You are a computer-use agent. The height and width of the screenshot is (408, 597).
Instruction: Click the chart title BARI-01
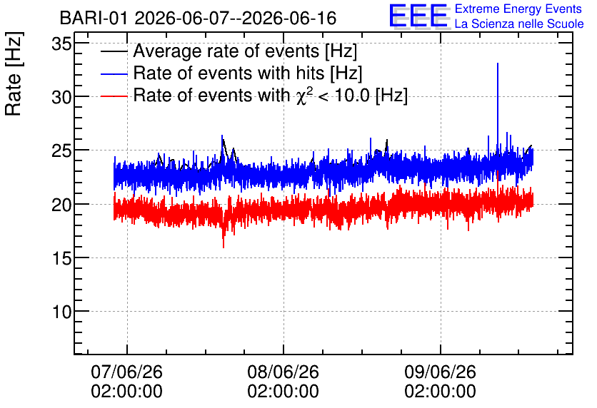pyautogui.click(x=94, y=18)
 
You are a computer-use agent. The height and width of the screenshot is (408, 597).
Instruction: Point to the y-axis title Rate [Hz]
pyautogui.click(x=14, y=73)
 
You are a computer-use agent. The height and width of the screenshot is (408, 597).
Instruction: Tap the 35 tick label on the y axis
pyautogui.click(x=61, y=44)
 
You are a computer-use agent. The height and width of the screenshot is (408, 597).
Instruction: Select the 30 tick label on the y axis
pyautogui.click(x=61, y=97)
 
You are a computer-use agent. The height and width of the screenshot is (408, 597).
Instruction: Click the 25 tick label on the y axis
pyautogui.click(x=61, y=151)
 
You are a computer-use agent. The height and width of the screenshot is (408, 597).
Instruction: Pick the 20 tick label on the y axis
pyautogui.click(x=61, y=205)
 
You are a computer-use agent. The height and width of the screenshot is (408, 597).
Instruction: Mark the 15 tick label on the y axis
pyautogui.click(x=61, y=258)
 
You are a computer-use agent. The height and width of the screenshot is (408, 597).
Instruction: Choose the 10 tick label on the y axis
pyautogui.click(x=61, y=312)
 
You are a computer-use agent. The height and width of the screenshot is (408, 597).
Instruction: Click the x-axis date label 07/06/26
pyautogui.click(x=127, y=372)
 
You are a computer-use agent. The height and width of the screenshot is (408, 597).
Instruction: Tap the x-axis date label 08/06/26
pyautogui.click(x=284, y=372)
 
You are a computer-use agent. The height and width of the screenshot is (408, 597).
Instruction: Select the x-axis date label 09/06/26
pyautogui.click(x=440, y=372)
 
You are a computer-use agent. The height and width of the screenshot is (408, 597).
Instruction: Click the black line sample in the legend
pyautogui.click(x=114, y=51)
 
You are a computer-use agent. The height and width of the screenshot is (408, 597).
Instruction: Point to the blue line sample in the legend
pyautogui.click(x=114, y=74)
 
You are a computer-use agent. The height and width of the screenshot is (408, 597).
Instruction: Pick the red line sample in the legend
pyautogui.click(x=114, y=96)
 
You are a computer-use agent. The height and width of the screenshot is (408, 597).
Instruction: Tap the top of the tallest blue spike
pyautogui.click(x=498, y=63)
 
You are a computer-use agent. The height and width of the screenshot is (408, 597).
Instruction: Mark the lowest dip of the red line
pyautogui.click(x=224, y=248)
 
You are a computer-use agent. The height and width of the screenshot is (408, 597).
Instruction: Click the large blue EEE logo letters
pyautogui.click(x=418, y=16)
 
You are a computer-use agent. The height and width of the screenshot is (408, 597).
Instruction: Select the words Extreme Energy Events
pyautogui.click(x=518, y=9)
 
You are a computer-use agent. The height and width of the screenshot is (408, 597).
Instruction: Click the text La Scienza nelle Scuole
pyautogui.click(x=519, y=24)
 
